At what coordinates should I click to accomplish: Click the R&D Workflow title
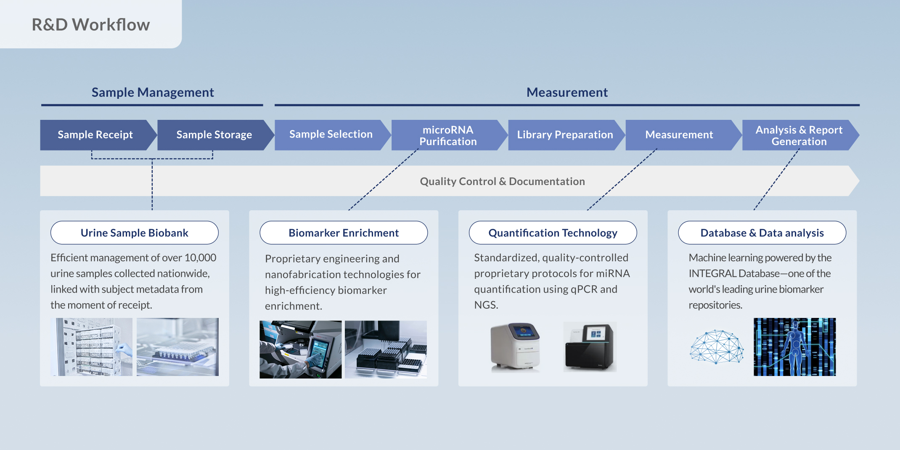coord(91,25)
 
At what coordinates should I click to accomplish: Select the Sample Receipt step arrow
coord(95,135)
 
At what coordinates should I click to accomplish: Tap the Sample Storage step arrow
coord(214,135)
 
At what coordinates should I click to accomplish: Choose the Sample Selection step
coord(331,135)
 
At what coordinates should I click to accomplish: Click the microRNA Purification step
coord(448,135)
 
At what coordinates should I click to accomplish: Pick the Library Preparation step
coord(565,135)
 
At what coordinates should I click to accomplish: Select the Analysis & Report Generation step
coord(799,135)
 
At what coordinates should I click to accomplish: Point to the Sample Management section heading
coord(153,93)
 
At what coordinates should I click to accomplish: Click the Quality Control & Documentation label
coord(502,181)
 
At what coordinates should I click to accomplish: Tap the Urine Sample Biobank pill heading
coord(135,233)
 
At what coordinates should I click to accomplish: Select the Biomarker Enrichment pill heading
coord(344,233)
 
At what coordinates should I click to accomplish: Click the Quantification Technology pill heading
coord(553,233)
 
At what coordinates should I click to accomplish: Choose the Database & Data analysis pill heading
coord(762,233)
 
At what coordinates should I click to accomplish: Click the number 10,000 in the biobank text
coord(200,258)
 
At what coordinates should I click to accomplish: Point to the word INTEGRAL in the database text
coord(712,274)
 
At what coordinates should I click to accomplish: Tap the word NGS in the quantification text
coord(486,305)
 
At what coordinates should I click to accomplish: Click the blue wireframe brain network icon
coord(717,347)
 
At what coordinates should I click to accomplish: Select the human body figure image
coord(794,347)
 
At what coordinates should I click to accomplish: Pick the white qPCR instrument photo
coord(515,347)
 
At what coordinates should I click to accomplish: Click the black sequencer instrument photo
coord(590,347)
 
